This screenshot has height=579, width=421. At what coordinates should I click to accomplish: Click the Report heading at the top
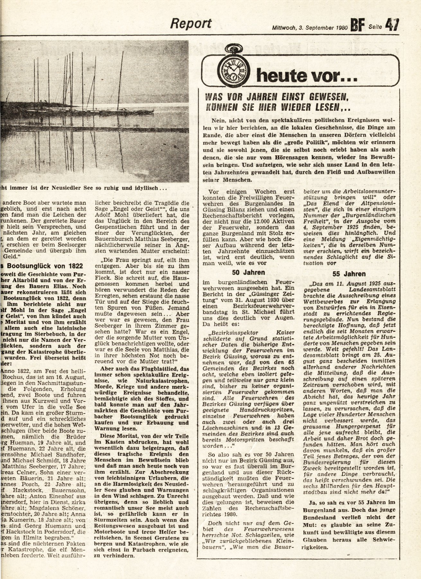click(191, 23)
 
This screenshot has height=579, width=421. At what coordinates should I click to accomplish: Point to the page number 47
click(392, 25)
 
